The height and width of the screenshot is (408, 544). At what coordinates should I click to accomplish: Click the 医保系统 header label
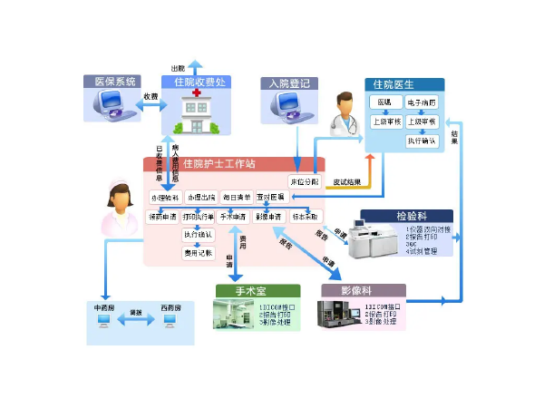(112, 82)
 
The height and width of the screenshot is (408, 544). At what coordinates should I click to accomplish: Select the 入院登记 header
(289, 83)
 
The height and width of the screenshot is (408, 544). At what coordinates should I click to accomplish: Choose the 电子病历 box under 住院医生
(421, 103)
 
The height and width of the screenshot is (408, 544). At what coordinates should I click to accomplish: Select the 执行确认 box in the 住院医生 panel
(421, 141)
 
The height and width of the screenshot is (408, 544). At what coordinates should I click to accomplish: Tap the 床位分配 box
(305, 180)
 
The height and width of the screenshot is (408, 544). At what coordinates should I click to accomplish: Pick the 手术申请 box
(233, 217)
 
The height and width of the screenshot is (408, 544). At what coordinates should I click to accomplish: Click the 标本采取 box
(306, 217)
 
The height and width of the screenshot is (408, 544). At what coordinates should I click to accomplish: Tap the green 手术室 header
(245, 292)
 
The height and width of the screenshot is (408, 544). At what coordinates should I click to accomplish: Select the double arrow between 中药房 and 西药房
(136, 322)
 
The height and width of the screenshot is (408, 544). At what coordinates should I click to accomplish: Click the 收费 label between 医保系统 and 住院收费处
(151, 96)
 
